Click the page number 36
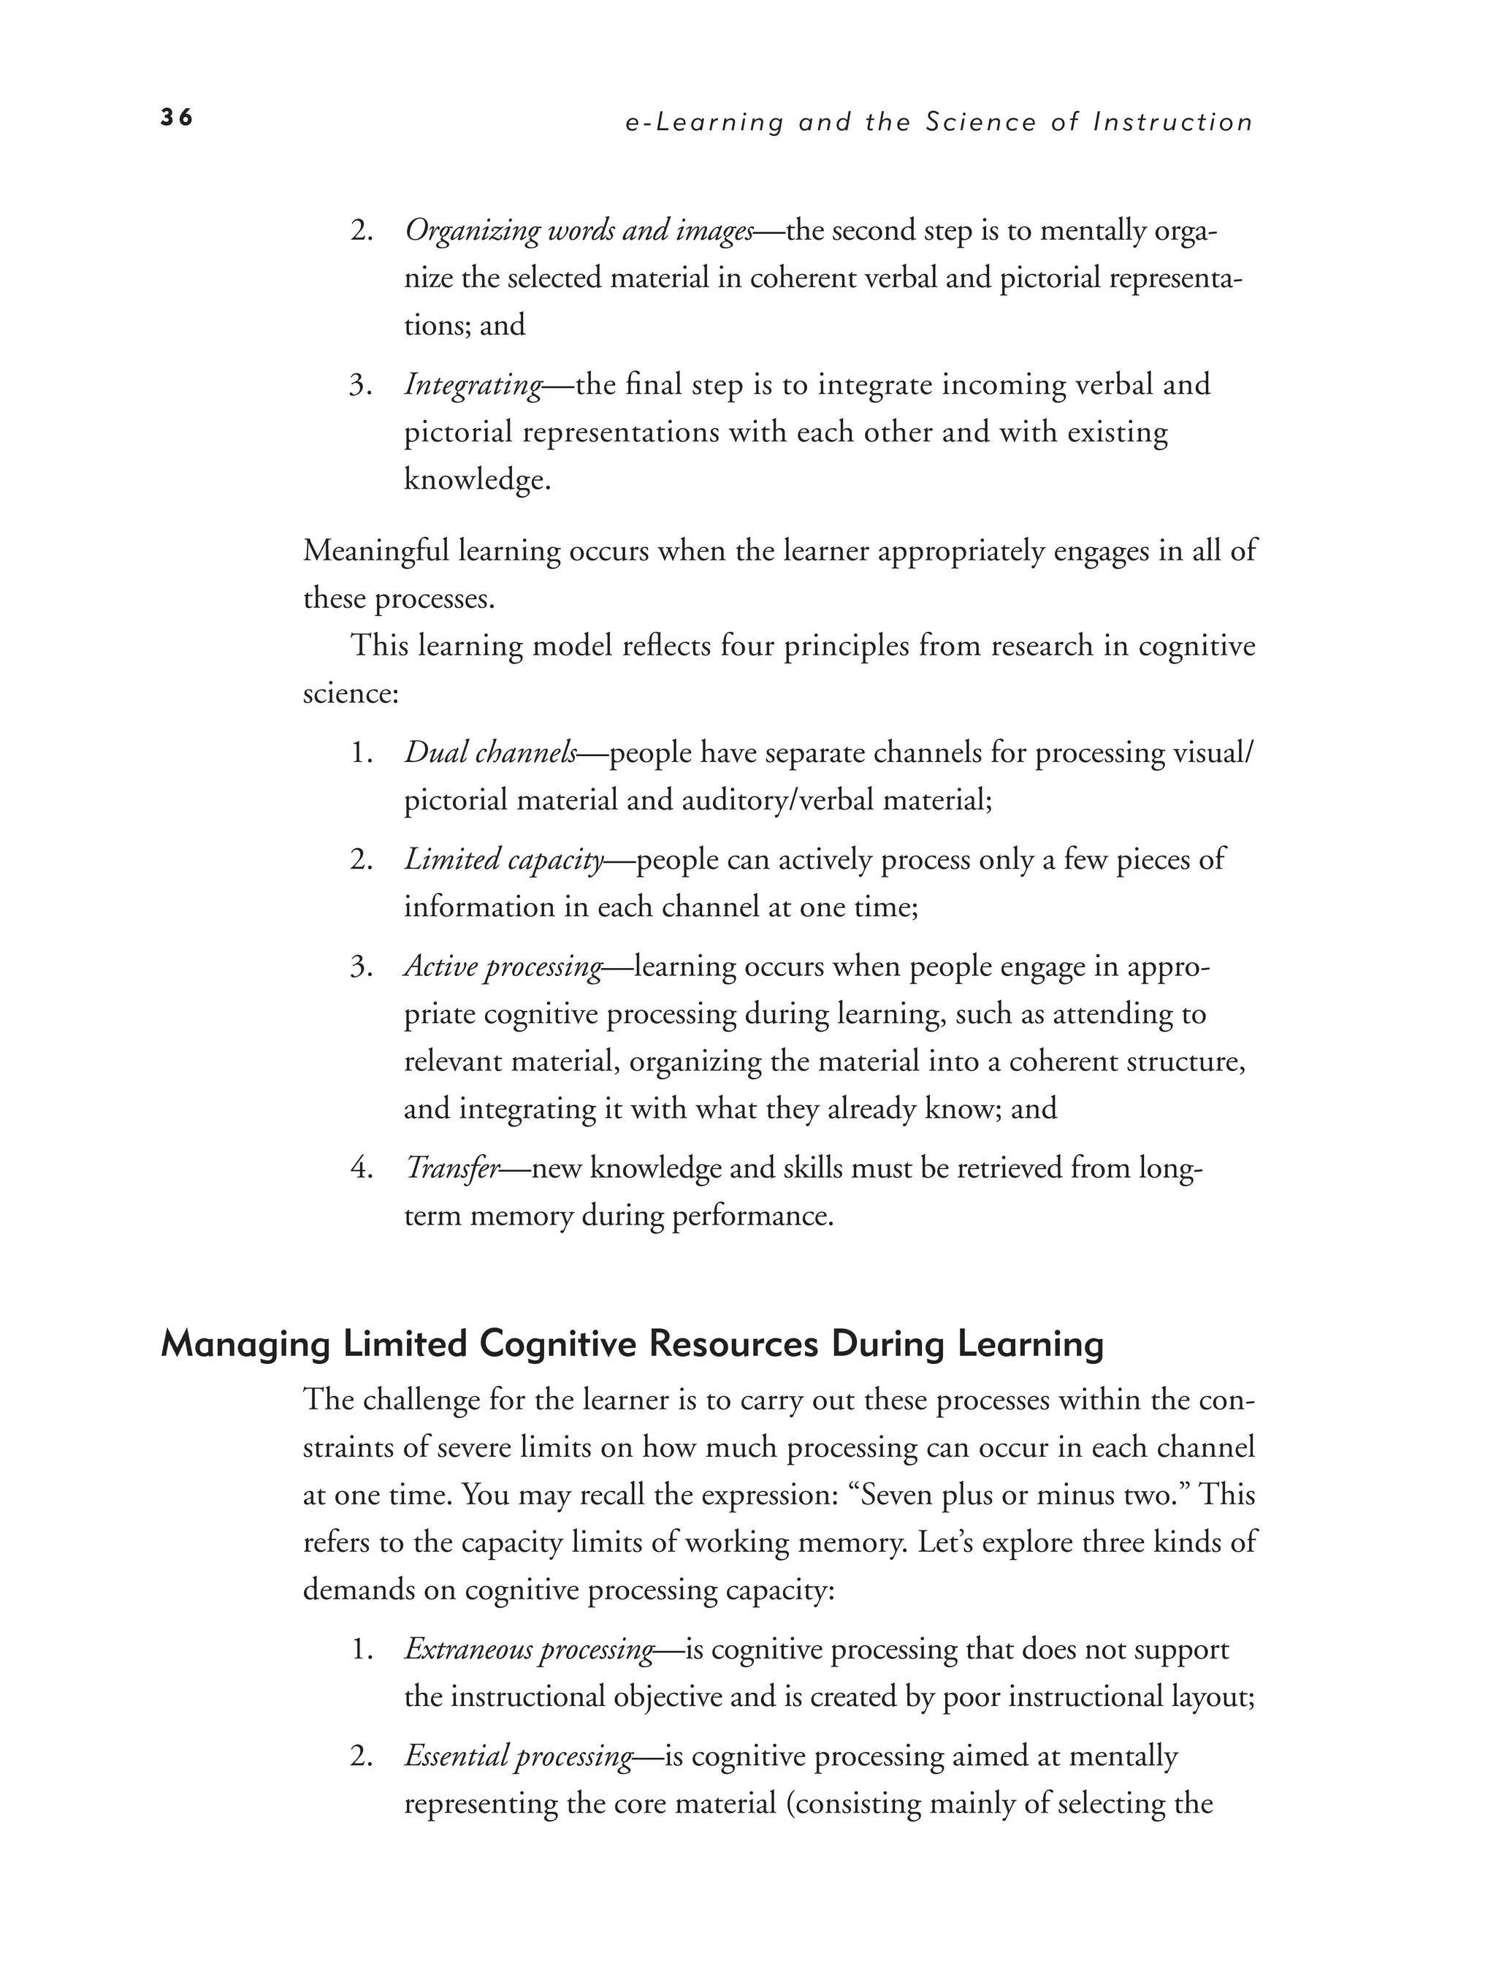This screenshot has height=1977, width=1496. click(176, 118)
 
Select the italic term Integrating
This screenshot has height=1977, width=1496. click(473, 385)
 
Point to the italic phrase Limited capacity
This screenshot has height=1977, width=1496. click(504, 860)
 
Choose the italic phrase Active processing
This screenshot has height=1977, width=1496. click(503, 967)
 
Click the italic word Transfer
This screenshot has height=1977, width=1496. click(451, 1168)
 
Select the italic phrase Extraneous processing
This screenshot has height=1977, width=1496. click(529, 1649)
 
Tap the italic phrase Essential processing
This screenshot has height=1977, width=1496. click(519, 1756)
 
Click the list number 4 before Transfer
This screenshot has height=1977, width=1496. click(360, 1169)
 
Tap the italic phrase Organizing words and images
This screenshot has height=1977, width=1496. click(579, 231)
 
